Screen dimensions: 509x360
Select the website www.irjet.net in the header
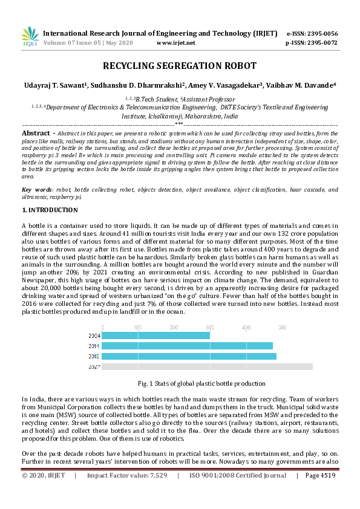(x=175, y=43)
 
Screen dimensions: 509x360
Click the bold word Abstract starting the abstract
(x=36, y=132)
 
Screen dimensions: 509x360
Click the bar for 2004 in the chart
(x=156, y=336)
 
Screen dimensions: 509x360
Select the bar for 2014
(x=188, y=346)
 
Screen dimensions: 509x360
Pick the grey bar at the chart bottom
(x=208, y=366)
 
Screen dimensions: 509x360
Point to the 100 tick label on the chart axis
(x=138, y=327)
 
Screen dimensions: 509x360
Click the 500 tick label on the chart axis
(x=282, y=327)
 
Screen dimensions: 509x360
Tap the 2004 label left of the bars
(x=94, y=336)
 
